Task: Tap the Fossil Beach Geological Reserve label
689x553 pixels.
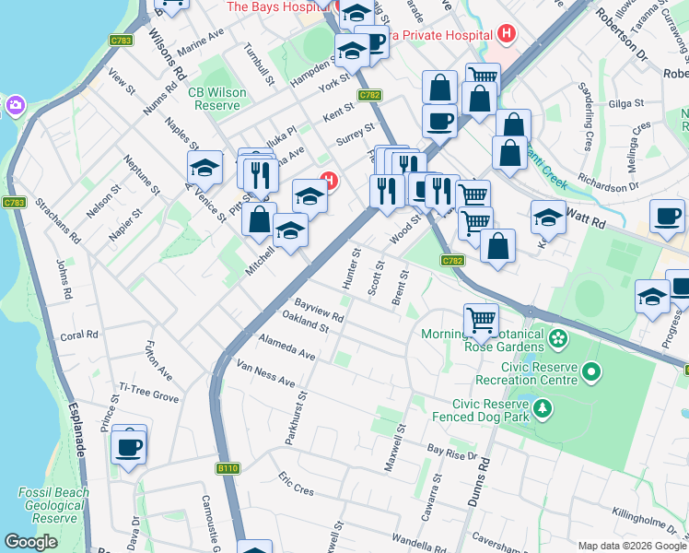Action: [x=53, y=505]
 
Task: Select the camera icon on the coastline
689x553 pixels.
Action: [x=14, y=106]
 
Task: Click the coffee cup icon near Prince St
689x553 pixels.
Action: [x=129, y=448]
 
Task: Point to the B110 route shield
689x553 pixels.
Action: [x=228, y=469]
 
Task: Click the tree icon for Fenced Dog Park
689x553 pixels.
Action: [x=543, y=406]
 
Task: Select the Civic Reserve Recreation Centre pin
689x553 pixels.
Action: [x=590, y=372]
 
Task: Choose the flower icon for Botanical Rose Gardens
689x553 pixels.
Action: [x=557, y=340]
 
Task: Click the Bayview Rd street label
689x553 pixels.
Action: [x=319, y=310]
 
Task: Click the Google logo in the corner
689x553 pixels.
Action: [x=31, y=542]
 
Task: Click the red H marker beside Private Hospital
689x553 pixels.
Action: [x=505, y=35]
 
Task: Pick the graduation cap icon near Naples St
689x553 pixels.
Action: [x=204, y=168]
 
